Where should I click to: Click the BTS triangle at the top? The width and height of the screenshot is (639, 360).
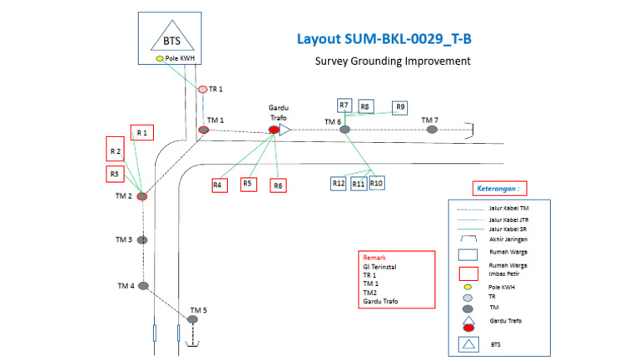pyautogui.click(x=171, y=39)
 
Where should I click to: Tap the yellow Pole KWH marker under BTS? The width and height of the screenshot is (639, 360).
pyautogui.click(x=159, y=59)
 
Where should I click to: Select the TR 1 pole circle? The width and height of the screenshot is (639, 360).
pyautogui.click(x=202, y=89)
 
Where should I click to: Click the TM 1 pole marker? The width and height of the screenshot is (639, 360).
pyautogui.click(x=203, y=130)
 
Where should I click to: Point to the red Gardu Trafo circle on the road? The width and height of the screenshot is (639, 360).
pyautogui.click(x=274, y=130)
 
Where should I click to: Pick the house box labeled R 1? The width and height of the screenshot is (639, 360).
pyautogui.click(x=141, y=132)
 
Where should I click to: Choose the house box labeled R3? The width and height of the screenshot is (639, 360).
pyautogui.click(x=116, y=174)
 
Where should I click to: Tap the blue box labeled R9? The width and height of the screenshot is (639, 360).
pyautogui.click(x=400, y=107)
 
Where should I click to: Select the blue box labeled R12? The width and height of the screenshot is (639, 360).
pyautogui.click(x=338, y=183)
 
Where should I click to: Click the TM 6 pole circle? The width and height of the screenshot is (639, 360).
pyautogui.click(x=345, y=130)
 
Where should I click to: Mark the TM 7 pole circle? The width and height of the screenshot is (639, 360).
pyautogui.click(x=431, y=130)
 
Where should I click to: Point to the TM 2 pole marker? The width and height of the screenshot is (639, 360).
pyautogui.click(x=142, y=196)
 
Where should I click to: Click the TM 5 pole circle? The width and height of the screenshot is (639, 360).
pyautogui.click(x=192, y=319)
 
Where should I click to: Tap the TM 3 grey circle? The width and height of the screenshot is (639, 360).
pyautogui.click(x=142, y=239)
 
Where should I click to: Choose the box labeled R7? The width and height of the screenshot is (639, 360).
pyautogui.click(x=344, y=105)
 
